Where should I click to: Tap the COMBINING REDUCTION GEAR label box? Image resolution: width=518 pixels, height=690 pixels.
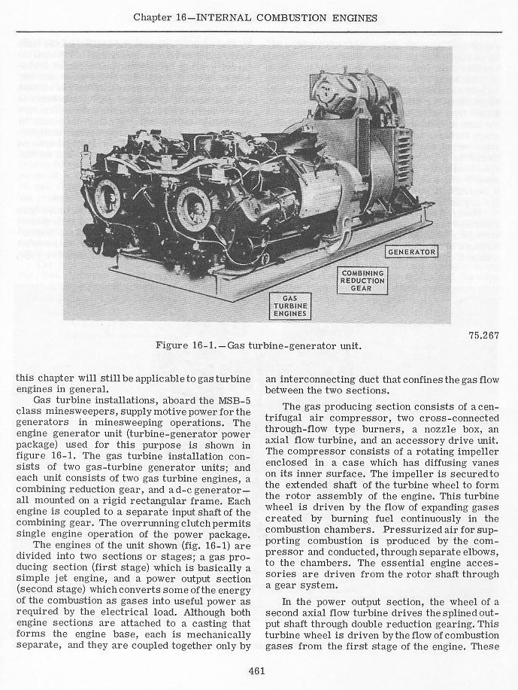[362, 282]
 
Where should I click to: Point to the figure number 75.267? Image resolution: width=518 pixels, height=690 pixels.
[481, 336]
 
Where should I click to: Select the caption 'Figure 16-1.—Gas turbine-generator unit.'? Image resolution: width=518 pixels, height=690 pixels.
[258, 346]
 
